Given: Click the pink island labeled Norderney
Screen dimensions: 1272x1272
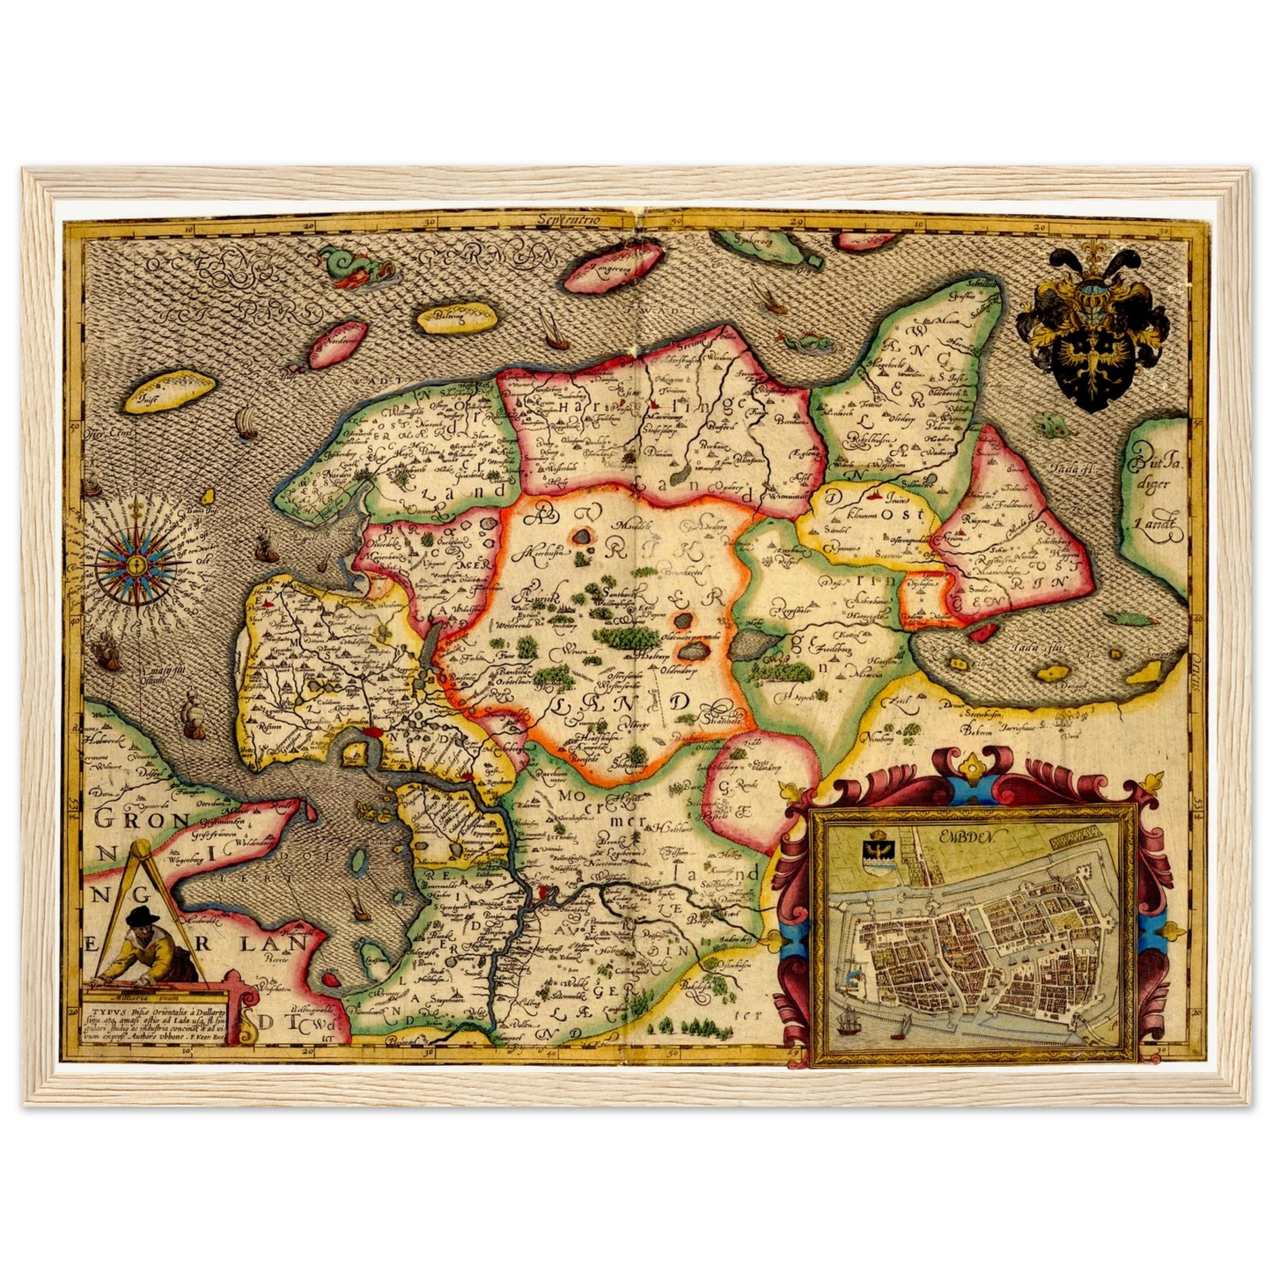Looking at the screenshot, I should pos(335,348).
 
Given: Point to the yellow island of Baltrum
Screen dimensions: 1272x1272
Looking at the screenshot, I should pos(452,319).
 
